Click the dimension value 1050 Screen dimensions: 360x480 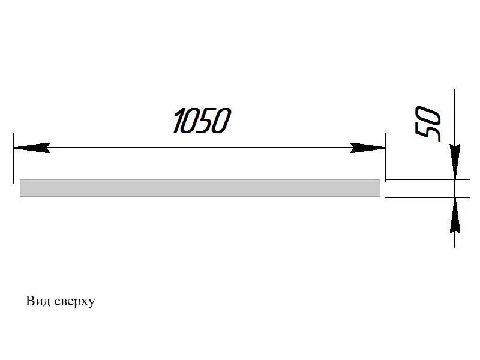pyautogui.click(x=201, y=121)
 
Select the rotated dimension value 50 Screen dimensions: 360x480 pyautogui.click(x=428, y=124)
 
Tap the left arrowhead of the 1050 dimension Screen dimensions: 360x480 pyautogui.click(x=30, y=148)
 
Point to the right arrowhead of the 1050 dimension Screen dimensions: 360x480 pyautogui.click(x=367, y=148)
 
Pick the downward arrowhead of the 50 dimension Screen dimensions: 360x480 pyautogui.click(x=455, y=161)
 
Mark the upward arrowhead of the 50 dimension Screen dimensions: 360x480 pyautogui.click(x=455, y=215)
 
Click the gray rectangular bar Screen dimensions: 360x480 pyautogui.click(x=200, y=188)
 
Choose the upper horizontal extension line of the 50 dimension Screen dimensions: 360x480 pyautogui.click(x=420, y=179)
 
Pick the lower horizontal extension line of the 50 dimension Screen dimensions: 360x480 pyautogui.click(x=420, y=197)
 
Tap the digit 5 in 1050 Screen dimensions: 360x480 pyautogui.click(x=206, y=121)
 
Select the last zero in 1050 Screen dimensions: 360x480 pyautogui.click(x=221, y=121)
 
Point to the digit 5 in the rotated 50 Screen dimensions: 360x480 pyautogui.click(x=428, y=132)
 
